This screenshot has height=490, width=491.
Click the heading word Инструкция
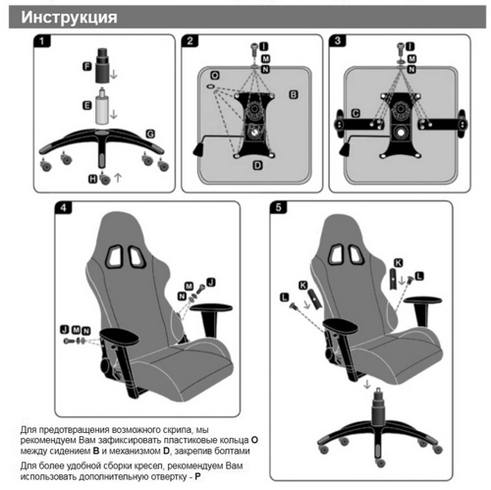(x=69, y=17)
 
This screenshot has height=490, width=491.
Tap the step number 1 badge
(x=41, y=41)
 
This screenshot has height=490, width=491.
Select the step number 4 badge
(x=63, y=207)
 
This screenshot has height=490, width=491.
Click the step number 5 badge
(x=278, y=207)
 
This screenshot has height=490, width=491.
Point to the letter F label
(x=86, y=67)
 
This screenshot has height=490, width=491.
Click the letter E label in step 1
(x=86, y=105)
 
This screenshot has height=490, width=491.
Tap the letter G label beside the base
(x=150, y=134)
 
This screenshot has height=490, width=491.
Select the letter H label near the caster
(x=93, y=179)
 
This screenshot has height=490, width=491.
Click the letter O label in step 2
(x=215, y=76)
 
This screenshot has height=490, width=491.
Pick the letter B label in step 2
(x=294, y=94)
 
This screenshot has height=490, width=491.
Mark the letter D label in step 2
(x=258, y=165)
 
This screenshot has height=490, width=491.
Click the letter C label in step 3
(x=355, y=113)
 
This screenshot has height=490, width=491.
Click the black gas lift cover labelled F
(x=101, y=66)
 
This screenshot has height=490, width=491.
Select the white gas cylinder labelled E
(x=102, y=107)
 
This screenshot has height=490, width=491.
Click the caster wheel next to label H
(x=105, y=178)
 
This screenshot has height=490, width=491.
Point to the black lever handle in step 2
(x=199, y=149)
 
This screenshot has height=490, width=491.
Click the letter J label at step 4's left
(x=65, y=329)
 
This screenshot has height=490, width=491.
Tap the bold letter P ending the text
(x=197, y=476)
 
